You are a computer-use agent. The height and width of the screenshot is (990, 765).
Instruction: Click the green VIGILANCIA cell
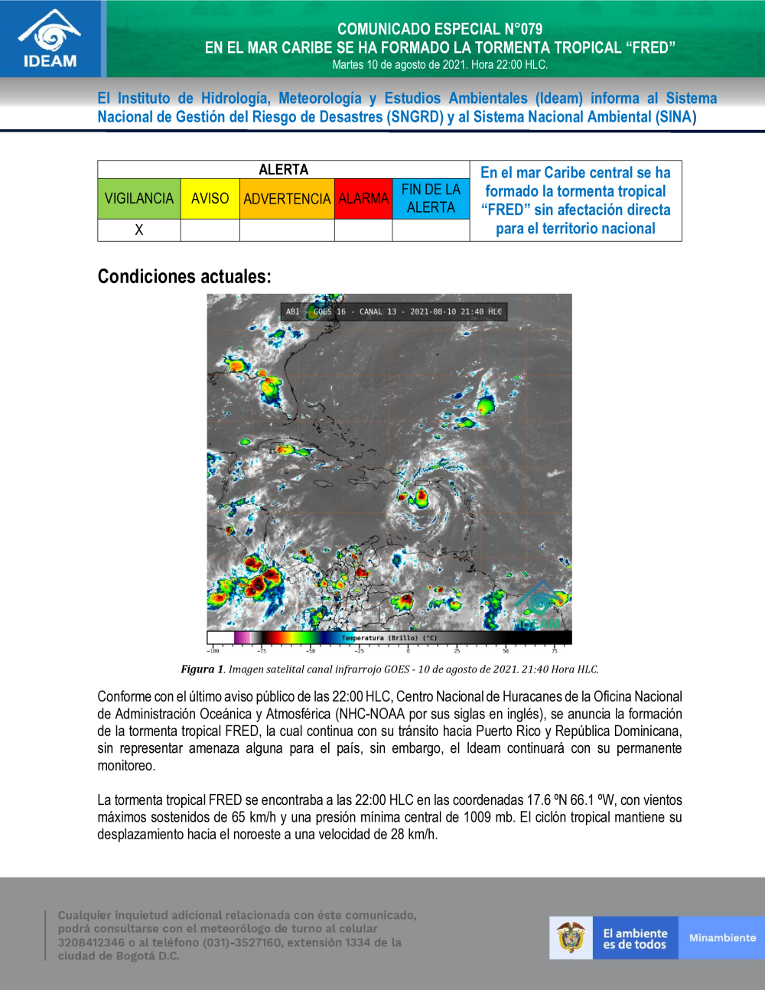[x=139, y=199]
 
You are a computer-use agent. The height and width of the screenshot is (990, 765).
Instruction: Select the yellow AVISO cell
[x=210, y=199]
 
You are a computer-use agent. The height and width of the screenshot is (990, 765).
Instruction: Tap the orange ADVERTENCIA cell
[x=287, y=199]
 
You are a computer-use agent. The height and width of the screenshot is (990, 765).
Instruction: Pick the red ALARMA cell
[x=363, y=199]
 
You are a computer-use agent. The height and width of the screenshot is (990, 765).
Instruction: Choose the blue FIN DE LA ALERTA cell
[x=431, y=199]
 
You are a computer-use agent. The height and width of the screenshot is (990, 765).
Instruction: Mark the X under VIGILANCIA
[x=139, y=230]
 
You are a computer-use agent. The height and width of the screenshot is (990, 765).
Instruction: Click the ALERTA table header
[x=283, y=170]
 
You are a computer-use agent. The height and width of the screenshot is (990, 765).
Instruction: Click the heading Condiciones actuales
[x=184, y=276]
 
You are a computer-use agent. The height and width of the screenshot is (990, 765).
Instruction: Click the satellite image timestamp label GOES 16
[x=330, y=311]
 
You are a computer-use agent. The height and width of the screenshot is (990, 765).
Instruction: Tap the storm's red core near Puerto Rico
[x=420, y=497]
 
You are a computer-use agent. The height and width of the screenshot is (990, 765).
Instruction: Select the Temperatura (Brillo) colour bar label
[x=389, y=638]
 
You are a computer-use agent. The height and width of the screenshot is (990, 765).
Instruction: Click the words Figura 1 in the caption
[x=202, y=669]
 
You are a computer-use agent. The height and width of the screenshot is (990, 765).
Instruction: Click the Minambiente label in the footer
[x=722, y=938]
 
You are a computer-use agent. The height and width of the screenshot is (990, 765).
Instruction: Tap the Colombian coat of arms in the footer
[x=571, y=937]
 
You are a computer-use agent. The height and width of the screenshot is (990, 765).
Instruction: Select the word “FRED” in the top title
[x=650, y=47]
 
